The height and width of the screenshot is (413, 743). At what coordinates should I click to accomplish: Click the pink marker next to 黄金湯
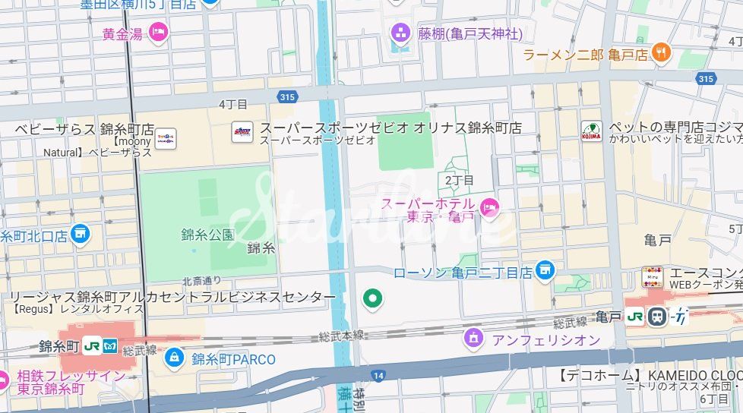pyautogui.click(x=158, y=32)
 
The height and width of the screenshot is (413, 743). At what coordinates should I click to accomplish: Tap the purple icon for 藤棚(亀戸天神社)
pyautogui.click(x=400, y=33)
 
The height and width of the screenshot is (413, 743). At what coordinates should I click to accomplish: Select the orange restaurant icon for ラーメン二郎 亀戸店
pyautogui.click(x=662, y=52)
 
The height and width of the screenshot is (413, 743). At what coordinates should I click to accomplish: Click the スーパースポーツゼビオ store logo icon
pyautogui.click(x=242, y=132)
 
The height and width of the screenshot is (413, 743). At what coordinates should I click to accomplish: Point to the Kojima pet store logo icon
pyautogui.click(x=591, y=131)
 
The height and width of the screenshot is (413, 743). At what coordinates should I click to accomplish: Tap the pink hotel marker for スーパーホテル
pyautogui.click(x=491, y=206)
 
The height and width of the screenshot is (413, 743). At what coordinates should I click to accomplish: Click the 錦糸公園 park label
pyautogui.click(x=207, y=234)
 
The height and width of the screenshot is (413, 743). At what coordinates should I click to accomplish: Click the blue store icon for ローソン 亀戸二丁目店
pyautogui.click(x=544, y=270)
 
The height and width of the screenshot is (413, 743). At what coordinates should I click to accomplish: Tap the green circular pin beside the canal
pyautogui.click(x=371, y=299)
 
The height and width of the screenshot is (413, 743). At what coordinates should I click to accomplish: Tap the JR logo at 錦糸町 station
pyautogui.click(x=93, y=345)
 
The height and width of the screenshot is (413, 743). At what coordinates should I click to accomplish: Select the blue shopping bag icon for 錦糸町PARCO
pyautogui.click(x=175, y=356)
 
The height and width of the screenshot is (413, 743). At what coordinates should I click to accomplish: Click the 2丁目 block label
pyautogui.click(x=459, y=180)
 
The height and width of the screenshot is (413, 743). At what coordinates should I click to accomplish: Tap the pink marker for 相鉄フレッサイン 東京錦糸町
pyautogui.click(x=4, y=380)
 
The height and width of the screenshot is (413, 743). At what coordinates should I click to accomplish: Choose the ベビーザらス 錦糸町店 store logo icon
pyautogui.click(x=166, y=138)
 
